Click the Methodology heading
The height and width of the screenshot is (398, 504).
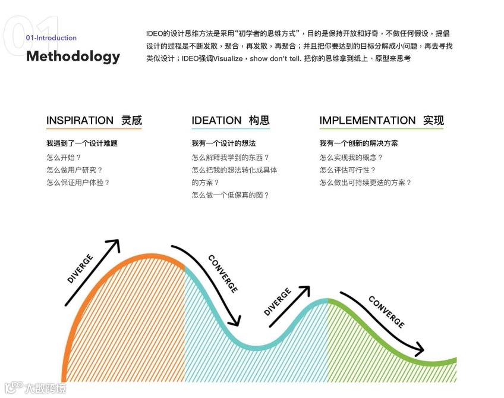coord(73,57)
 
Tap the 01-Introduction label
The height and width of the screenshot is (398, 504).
coord(51,37)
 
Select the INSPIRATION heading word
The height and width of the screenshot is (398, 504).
coord(80,120)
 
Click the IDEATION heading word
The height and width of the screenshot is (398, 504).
coord(216,120)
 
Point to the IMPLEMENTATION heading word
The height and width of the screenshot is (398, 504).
coord(367,120)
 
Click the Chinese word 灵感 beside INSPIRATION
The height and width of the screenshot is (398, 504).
coord(131,120)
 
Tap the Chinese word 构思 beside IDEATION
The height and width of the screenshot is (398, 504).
coord(259,120)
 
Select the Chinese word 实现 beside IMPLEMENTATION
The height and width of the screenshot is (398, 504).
coord(433,120)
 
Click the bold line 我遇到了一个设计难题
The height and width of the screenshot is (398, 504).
coord(82,143)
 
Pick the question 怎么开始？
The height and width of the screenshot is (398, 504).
coord(64,158)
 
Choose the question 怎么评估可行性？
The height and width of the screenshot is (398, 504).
coord(348,170)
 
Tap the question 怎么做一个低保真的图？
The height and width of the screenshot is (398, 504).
coord(231,195)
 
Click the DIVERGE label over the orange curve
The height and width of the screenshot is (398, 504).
coord(80,268)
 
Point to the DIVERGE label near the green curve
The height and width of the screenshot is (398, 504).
coord(277,302)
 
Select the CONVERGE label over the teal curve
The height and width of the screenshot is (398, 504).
coord(223,273)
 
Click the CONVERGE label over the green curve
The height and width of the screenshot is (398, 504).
coord(386,312)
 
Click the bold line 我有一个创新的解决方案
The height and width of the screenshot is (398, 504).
coord(358,143)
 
